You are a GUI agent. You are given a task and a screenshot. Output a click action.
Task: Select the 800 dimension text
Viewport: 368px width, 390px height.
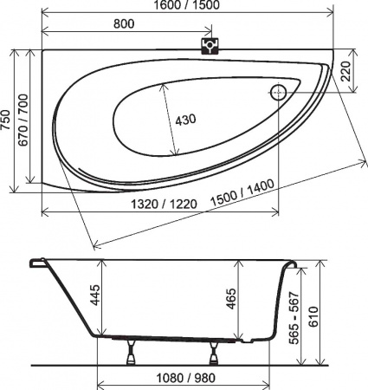123,24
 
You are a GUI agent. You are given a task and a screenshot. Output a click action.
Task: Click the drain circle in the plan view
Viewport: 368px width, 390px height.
281,93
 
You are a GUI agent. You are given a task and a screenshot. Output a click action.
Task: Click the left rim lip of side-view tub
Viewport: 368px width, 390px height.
35,262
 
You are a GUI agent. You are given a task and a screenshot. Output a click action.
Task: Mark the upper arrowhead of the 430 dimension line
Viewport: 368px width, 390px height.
163,84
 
